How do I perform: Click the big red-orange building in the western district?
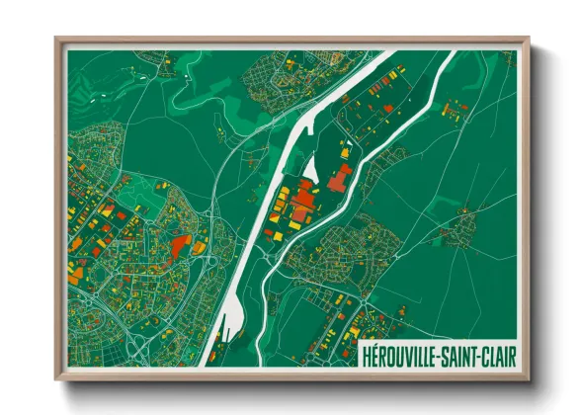(x=180, y=246)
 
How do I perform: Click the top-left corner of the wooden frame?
(x=57, y=40)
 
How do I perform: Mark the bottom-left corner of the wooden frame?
(x=57, y=379)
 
